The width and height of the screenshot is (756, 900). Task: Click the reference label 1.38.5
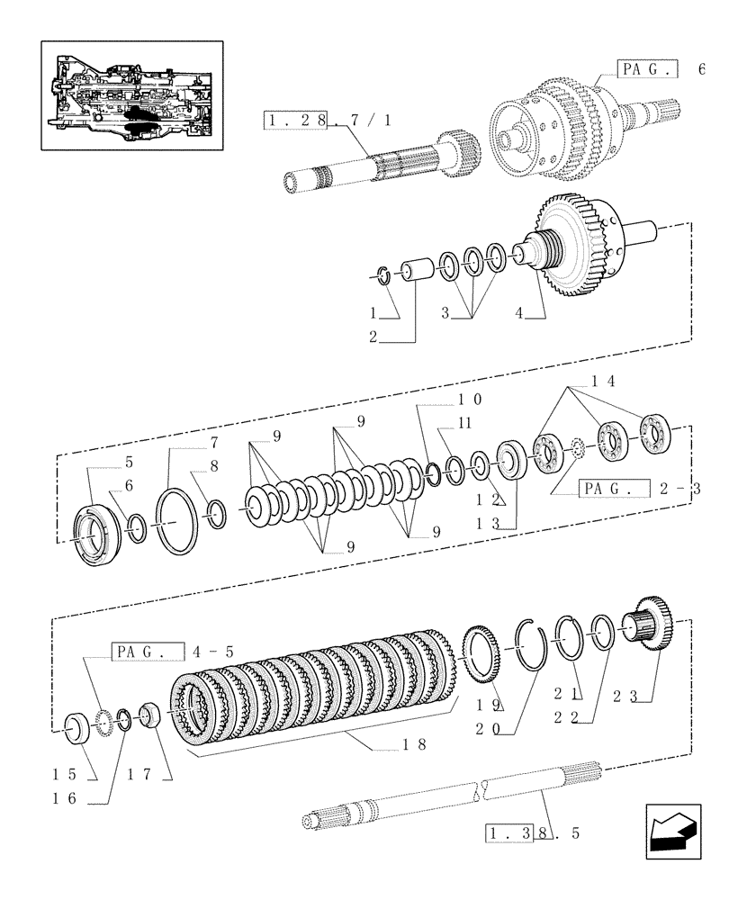532,832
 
